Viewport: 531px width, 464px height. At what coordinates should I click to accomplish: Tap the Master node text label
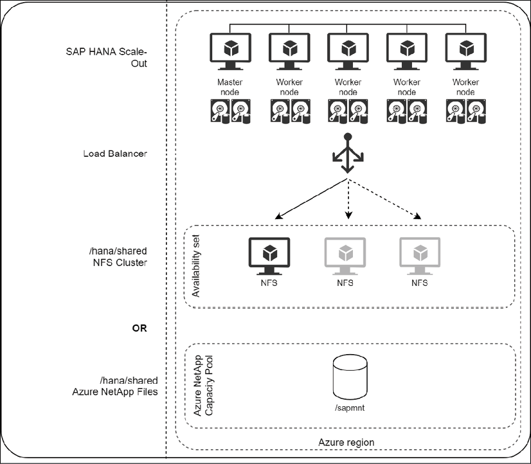(x=230, y=87)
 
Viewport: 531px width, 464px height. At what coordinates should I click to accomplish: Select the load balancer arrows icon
(x=348, y=154)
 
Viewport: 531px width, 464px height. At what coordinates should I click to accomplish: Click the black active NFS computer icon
(x=269, y=254)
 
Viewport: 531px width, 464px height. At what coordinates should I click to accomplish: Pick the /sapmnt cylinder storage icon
(x=350, y=379)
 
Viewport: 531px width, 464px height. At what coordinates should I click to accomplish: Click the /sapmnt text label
(x=350, y=409)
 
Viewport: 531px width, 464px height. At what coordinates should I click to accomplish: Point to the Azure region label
(x=346, y=442)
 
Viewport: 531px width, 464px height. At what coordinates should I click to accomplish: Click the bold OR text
(x=139, y=328)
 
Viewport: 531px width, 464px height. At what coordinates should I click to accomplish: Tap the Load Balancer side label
(x=115, y=154)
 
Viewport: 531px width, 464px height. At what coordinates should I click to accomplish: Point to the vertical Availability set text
(x=197, y=263)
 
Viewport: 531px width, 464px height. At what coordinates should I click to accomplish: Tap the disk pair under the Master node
(x=230, y=112)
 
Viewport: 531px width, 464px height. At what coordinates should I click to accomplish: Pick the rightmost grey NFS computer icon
(x=419, y=254)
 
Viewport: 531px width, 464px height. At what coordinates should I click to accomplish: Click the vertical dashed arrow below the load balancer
(x=348, y=199)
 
